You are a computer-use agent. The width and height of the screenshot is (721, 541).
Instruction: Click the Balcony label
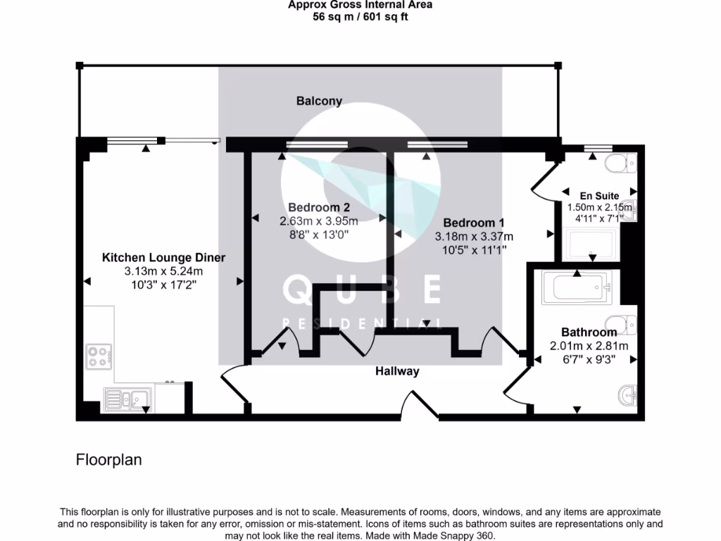pyautogui.click(x=319, y=101)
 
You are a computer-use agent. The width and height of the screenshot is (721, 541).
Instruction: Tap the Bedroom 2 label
pyautogui.click(x=318, y=208)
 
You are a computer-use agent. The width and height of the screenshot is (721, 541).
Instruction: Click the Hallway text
pyautogui.click(x=396, y=371)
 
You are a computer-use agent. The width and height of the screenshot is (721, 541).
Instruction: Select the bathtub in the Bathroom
pyautogui.click(x=577, y=289)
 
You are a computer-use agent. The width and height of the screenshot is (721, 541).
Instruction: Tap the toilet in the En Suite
pyautogui.click(x=620, y=164)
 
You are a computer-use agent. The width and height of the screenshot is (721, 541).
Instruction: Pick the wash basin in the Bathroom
pyautogui.click(x=626, y=396)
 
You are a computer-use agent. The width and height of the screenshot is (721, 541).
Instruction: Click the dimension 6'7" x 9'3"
pyautogui.click(x=589, y=359)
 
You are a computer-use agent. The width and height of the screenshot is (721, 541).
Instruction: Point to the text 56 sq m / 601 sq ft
pyautogui.click(x=360, y=17)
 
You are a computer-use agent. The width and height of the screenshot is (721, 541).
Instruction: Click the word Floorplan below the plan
pyautogui.click(x=108, y=460)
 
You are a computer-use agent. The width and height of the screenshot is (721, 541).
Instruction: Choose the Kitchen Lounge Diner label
pyautogui.click(x=163, y=257)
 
